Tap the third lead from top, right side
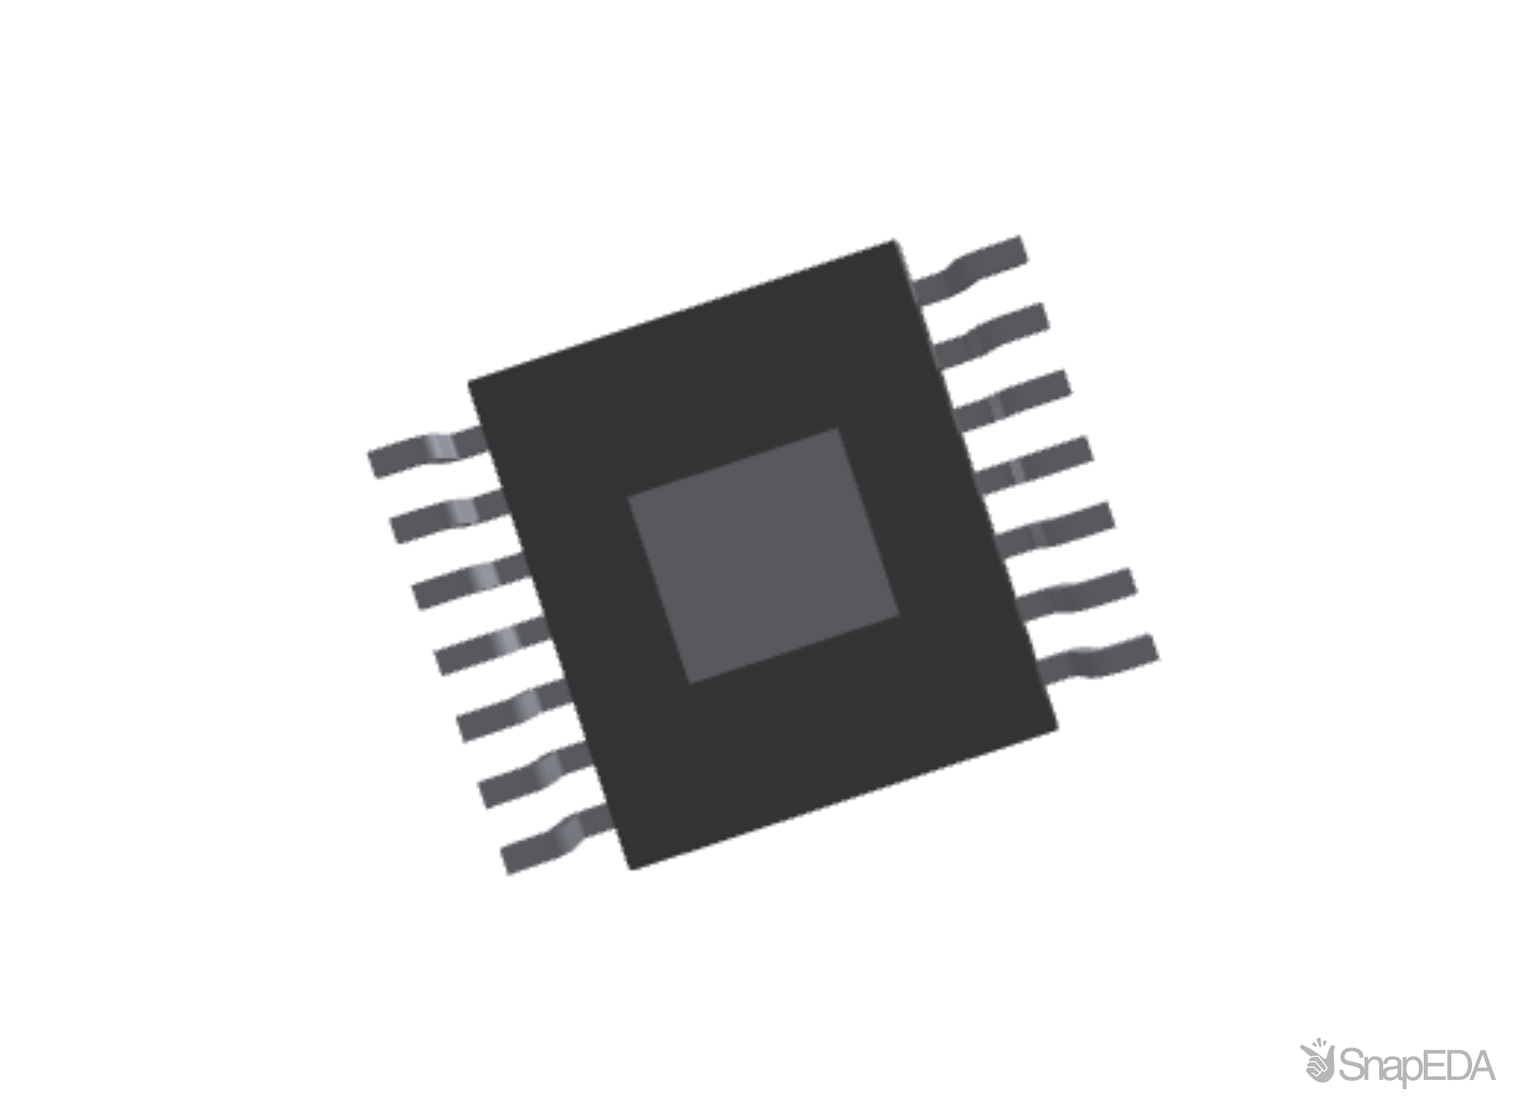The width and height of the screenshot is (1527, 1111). [1018, 399]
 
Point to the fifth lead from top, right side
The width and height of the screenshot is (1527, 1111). [1060, 531]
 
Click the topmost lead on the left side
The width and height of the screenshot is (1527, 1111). [424, 452]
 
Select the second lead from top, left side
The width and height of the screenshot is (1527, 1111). [447, 517]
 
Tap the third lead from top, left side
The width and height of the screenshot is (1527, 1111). [468, 582]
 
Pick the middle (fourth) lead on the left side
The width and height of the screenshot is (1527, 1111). [491, 647]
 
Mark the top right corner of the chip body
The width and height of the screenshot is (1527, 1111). [896, 240]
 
